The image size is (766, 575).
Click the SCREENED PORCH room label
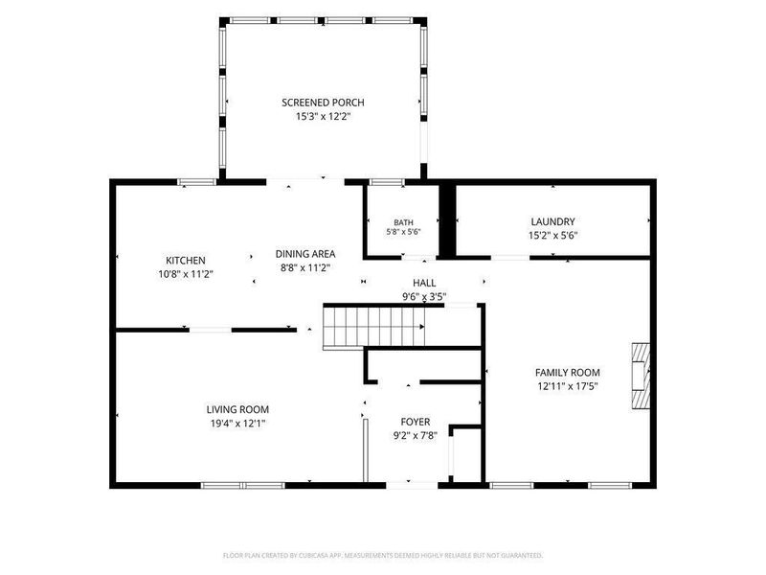pos(323,103)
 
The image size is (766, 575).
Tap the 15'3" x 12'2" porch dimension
pos(324,117)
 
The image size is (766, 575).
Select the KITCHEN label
pos(186,261)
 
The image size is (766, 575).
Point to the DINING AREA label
pos(305,254)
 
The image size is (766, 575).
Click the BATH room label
pos(403,222)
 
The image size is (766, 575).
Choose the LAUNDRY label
pos(553,222)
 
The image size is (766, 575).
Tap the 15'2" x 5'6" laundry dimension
pos(553,235)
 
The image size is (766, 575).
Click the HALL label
pos(424,283)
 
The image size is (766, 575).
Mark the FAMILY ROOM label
pos(568,373)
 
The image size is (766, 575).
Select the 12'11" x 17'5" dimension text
pos(568,386)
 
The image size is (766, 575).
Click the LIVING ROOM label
pos(237,410)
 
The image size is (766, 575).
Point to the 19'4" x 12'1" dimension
pos(237,424)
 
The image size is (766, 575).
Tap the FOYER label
pos(416,422)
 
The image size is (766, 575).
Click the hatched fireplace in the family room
pos(641,376)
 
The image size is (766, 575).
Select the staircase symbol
pos(373,326)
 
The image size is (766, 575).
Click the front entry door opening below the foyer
pos(412,486)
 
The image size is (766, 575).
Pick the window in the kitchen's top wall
pos(196,182)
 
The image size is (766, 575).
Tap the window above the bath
pos(387,182)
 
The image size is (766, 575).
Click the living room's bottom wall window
pos(243,486)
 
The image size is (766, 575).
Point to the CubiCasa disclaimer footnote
pos(382,556)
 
